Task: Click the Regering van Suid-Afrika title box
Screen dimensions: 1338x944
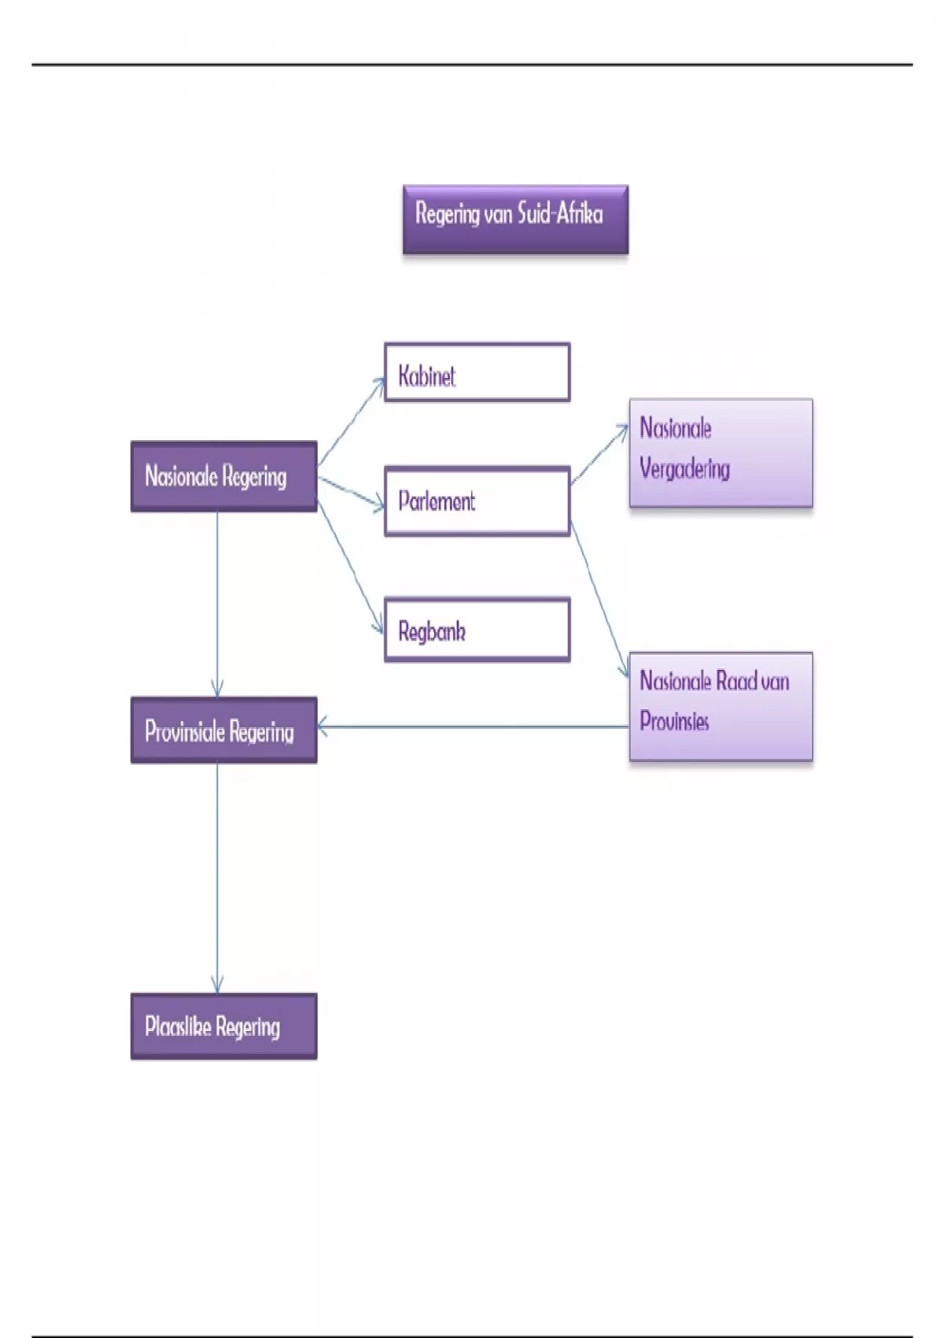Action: click(x=515, y=220)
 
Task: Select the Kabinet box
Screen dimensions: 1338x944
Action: click(x=477, y=372)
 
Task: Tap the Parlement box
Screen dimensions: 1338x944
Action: click(x=477, y=501)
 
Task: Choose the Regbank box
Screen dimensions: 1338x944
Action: click(x=477, y=630)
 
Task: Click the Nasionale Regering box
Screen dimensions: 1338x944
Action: click(x=223, y=476)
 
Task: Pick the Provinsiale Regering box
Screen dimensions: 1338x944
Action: click(x=223, y=730)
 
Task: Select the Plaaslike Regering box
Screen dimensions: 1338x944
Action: click(x=223, y=1026)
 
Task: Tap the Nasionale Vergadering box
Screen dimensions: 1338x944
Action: click(x=721, y=453)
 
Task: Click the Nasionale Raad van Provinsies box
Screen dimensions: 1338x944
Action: click(x=721, y=706)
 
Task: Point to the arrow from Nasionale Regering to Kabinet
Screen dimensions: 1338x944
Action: click(x=351, y=422)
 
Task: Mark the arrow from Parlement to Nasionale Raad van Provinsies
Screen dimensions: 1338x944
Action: click(x=599, y=598)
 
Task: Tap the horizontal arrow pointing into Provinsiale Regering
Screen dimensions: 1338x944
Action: click(x=472, y=726)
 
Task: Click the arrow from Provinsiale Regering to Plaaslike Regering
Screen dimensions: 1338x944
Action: click(x=217, y=878)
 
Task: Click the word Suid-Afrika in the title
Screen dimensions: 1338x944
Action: click(x=560, y=214)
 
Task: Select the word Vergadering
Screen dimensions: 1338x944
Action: click(x=684, y=469)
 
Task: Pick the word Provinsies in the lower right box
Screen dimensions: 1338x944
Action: click(x=674, y=721)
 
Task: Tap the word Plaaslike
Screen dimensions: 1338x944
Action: click(x=177, y=1026)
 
